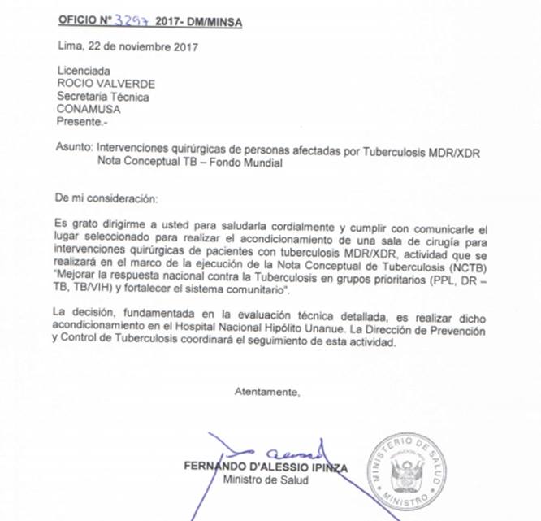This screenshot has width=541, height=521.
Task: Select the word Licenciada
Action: tap(80, 72)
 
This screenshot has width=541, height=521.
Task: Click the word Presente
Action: tap(81, 122)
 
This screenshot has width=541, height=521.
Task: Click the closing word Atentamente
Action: tap(266, 392)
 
